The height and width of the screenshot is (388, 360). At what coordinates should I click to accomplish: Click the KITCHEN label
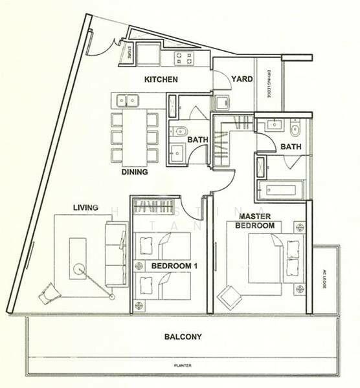tap(161, 80)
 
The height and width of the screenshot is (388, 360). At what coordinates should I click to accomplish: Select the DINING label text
tap(135, 173)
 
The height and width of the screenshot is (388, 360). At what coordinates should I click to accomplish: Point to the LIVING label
tap(85, 208)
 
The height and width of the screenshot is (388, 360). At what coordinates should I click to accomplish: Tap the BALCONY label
tap(183, 337)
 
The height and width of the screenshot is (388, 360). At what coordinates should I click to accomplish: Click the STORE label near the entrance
tap(129, 52)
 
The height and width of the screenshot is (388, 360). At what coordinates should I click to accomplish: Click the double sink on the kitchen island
tap(127, 100)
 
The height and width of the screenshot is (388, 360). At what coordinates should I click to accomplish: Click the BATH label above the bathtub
tap(291, 147)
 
